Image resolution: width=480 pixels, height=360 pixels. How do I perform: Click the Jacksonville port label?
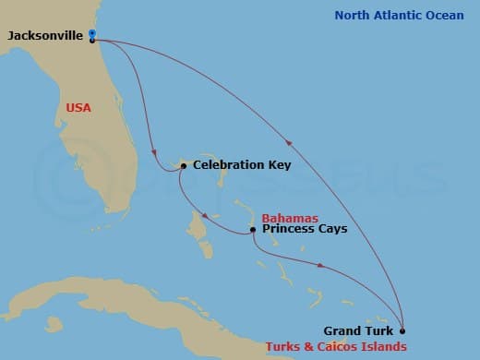pos(46,35)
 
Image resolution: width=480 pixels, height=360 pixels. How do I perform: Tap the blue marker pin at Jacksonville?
pos(92,34)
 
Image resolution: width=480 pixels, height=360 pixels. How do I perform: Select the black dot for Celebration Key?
pos(184,165)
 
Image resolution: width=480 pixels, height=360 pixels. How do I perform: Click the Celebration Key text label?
pos(242,165)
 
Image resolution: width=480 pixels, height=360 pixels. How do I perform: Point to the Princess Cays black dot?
pos(252,229)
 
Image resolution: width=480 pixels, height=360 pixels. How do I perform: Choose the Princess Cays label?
pos(305,228)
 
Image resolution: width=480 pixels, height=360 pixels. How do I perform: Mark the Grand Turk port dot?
pos(402,330)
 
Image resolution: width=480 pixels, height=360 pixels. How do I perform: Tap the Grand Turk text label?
pos(358,330)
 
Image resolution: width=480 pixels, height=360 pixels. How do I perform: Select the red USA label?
pos(80,108)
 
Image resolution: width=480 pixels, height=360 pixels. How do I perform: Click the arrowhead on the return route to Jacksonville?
pos(291,142)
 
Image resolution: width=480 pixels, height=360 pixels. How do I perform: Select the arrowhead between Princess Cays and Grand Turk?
pos(321,266)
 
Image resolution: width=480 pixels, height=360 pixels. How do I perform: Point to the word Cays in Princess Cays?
pos(333,228)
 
